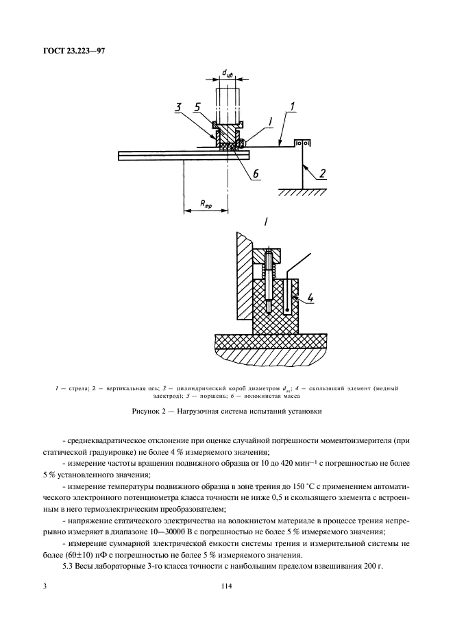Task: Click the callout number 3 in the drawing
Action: pos(177,108)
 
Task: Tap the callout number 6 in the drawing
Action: pos(255,174)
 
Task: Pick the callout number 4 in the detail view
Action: pos(310,298)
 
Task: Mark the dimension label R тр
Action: pos(206,204)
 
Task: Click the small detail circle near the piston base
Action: pos(241,143)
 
